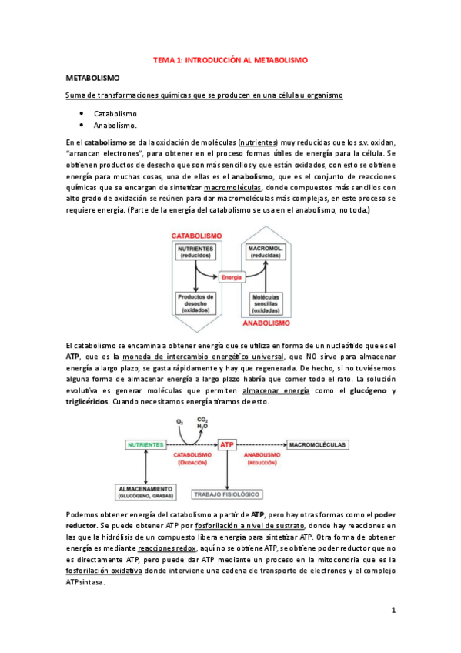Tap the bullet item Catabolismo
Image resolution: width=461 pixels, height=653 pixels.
115,113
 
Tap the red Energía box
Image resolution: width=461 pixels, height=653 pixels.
230,276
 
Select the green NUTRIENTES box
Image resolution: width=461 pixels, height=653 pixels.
145,445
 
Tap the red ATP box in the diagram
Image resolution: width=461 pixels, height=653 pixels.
228,445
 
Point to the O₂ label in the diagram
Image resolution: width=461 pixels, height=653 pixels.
180,421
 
